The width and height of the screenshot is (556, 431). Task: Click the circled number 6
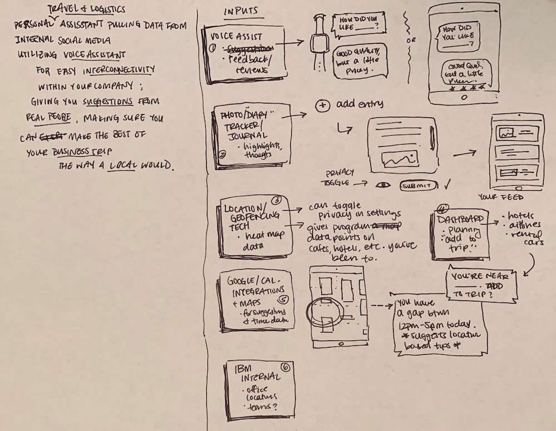click(x=286, y=367)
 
